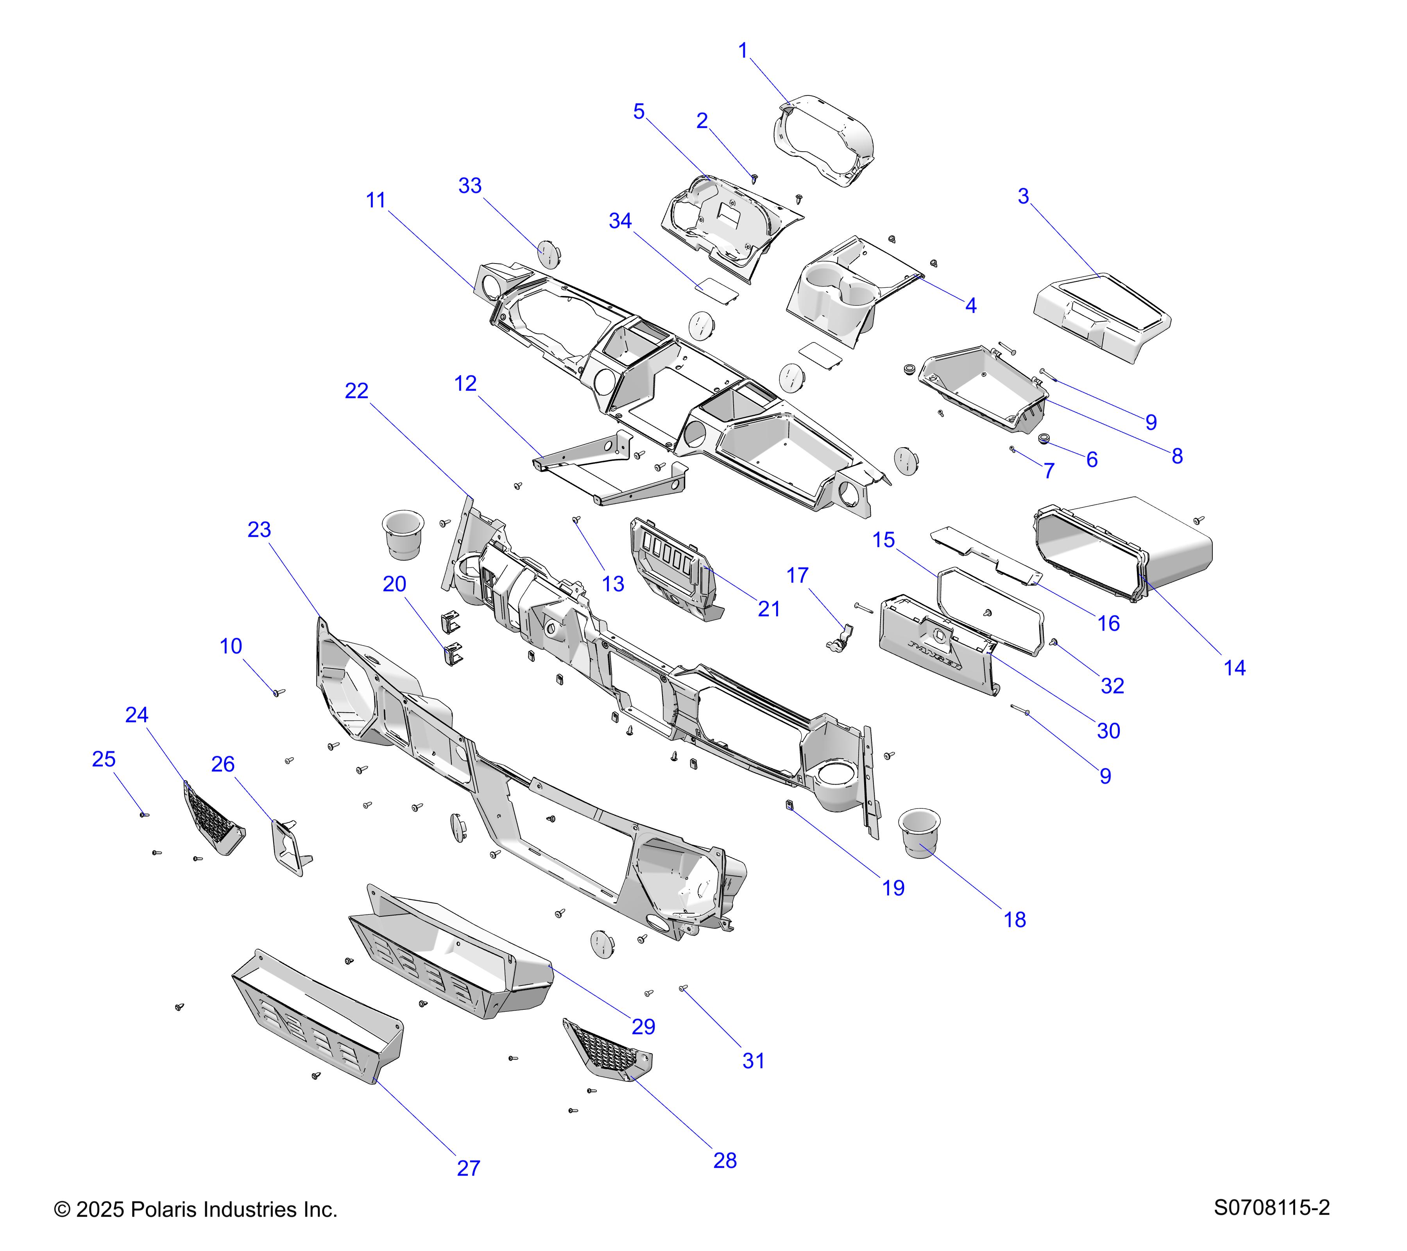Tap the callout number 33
pyautogui.click(x=470, y=186)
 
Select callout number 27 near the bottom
pyautogui.click(x=468, y=1169)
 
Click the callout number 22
pyautogui.click(x=356, y=391)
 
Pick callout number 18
pyautogui.click(x=1015, y=920)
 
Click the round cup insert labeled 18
pyautogui.click(x=918, y=833)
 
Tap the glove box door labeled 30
pyautogui.click(x=936, y=651)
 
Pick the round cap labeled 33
pyautogui.click(x=549, y=254)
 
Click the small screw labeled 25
pyautogui.click(x=144, y=814)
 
